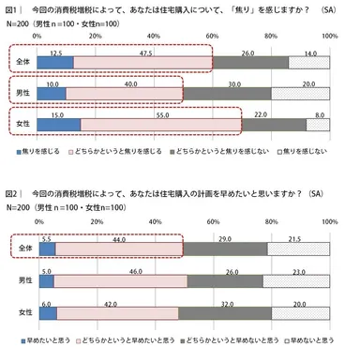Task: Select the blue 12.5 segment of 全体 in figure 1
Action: (54, 63)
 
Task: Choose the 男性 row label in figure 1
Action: (18, 94)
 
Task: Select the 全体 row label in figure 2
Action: (18, 249)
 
